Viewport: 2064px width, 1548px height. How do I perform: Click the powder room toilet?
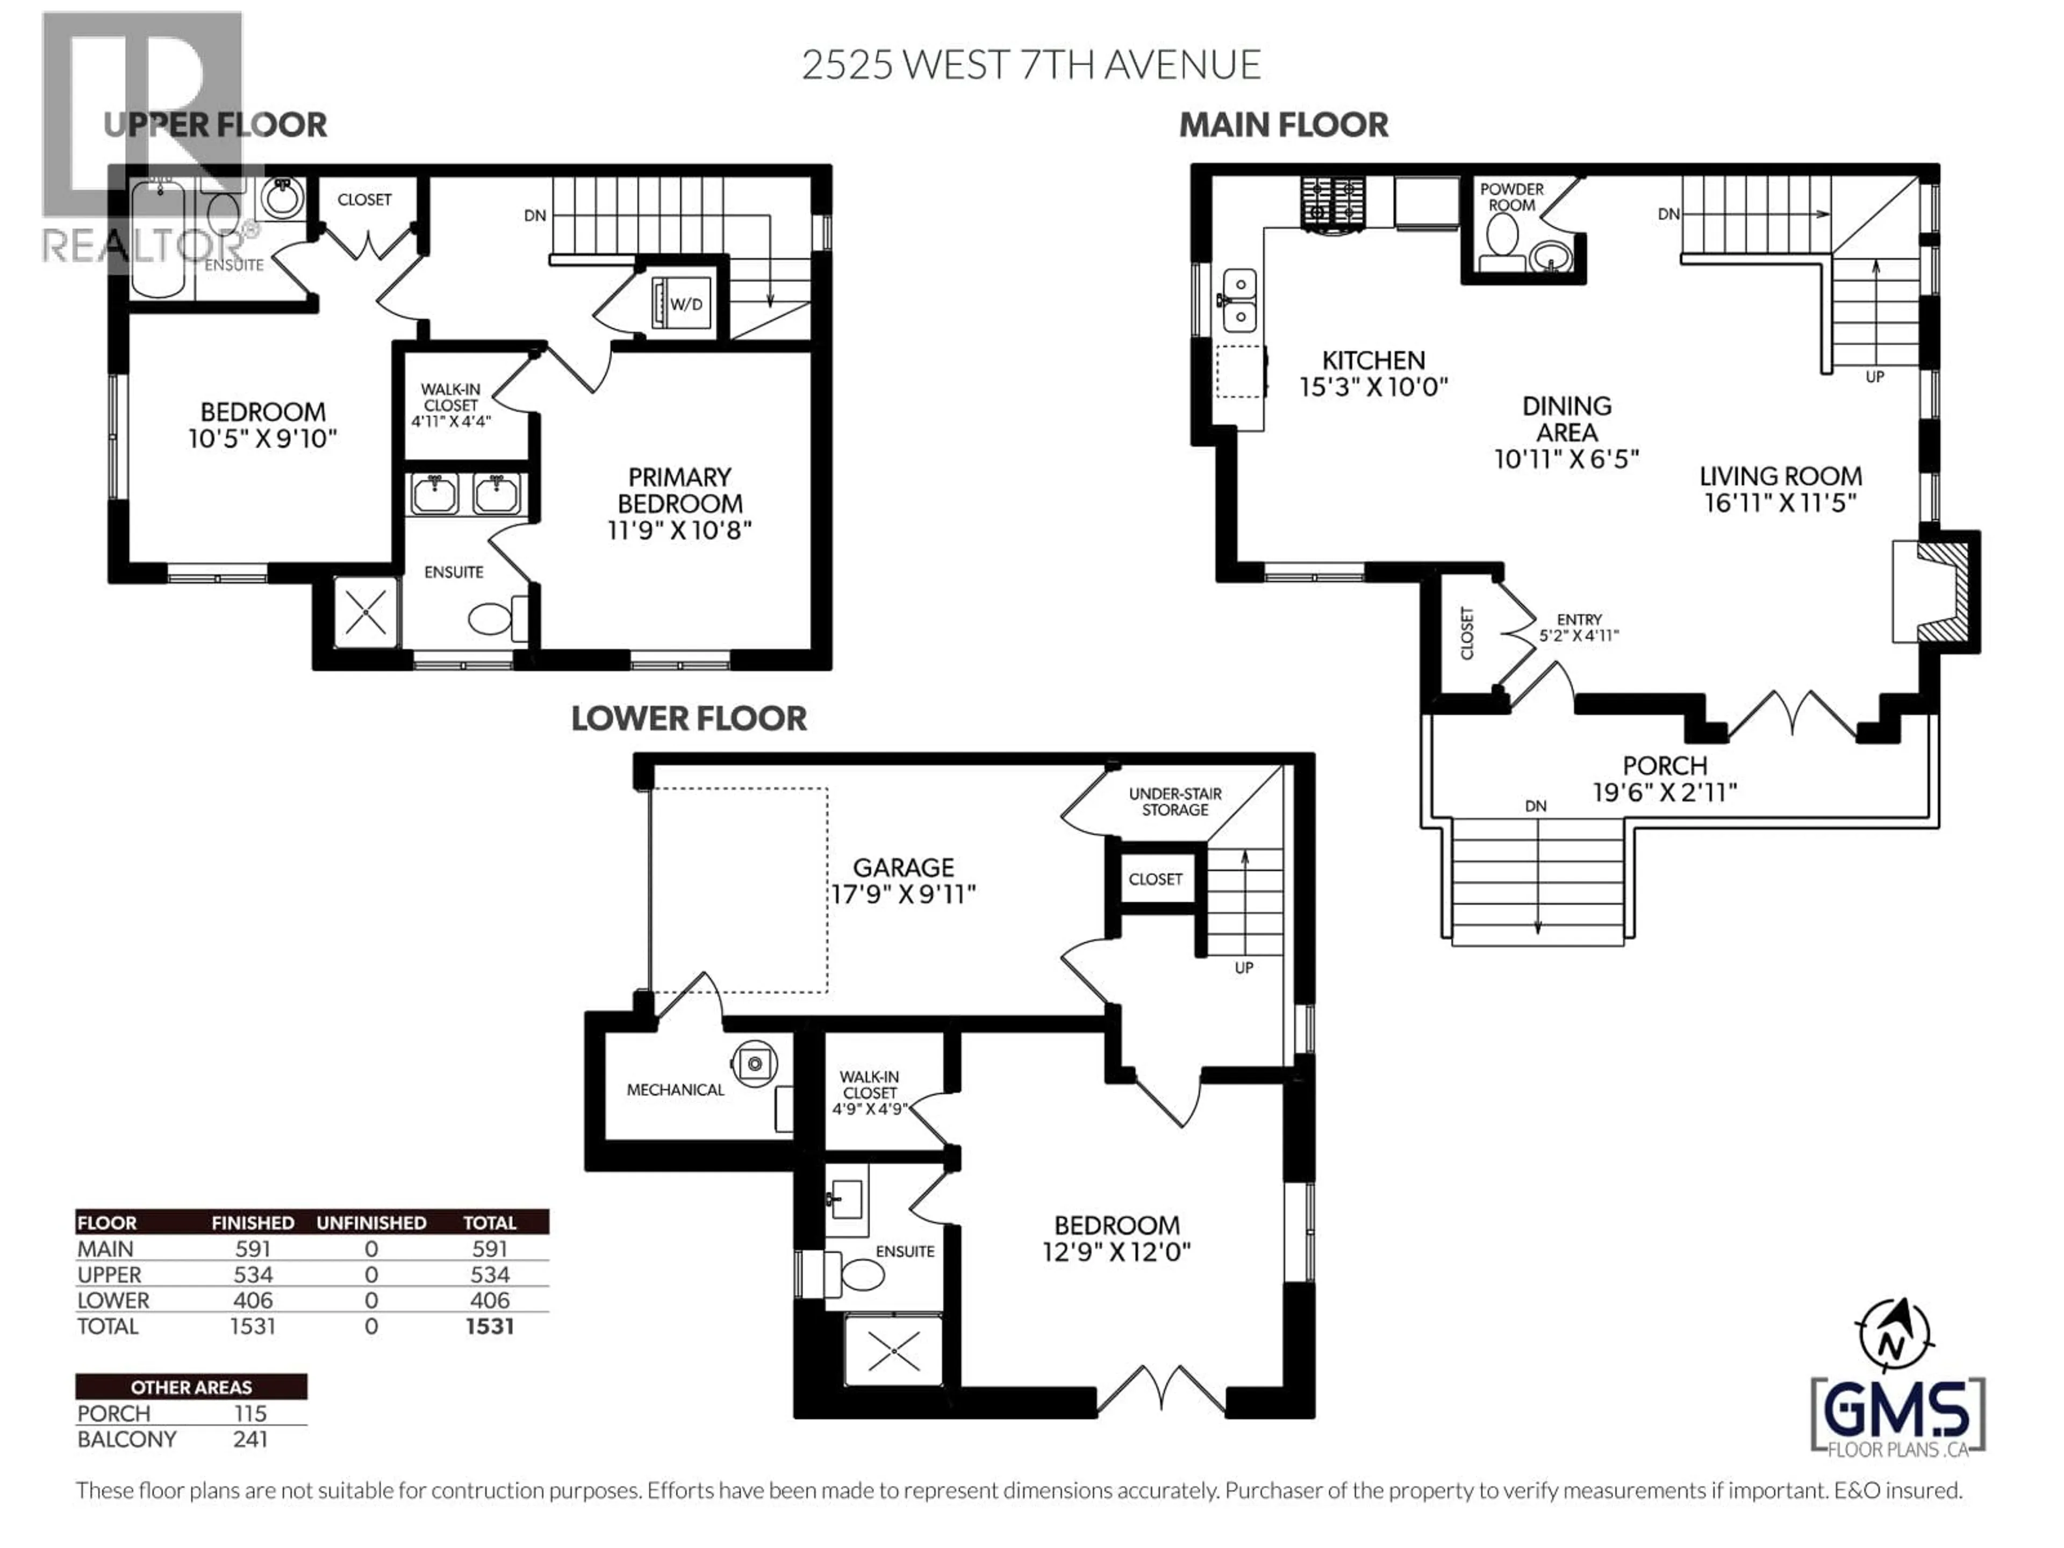1501,234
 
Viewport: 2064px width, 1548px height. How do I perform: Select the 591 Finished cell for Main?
253,1249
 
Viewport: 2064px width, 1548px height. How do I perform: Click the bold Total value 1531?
489,1326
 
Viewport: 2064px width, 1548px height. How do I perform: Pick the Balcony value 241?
250,1439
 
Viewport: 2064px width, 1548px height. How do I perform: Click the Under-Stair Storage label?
1175,801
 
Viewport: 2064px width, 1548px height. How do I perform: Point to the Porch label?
1665,765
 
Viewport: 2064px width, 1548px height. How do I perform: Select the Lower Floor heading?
689,719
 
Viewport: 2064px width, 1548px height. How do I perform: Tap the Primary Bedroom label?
679,490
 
